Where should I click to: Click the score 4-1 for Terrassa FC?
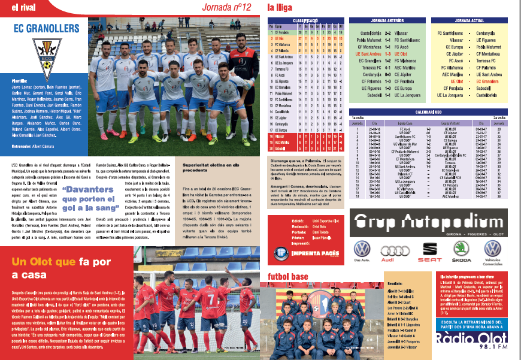coord(388,68)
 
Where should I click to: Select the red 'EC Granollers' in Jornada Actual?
coord(487,81)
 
